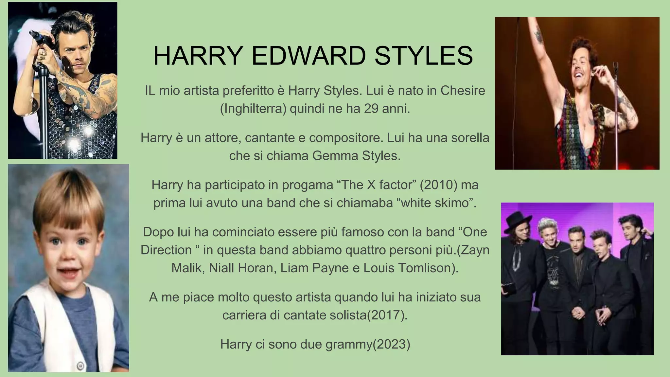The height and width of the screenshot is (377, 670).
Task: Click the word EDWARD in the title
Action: tap(309, 56)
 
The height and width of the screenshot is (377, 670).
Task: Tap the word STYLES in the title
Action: tap(424, 56)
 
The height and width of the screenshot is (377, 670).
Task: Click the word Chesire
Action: tap(463, 90)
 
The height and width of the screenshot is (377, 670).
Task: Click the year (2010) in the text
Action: tap(438, 185)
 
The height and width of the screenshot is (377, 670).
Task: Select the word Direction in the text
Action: tap(166, 250)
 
